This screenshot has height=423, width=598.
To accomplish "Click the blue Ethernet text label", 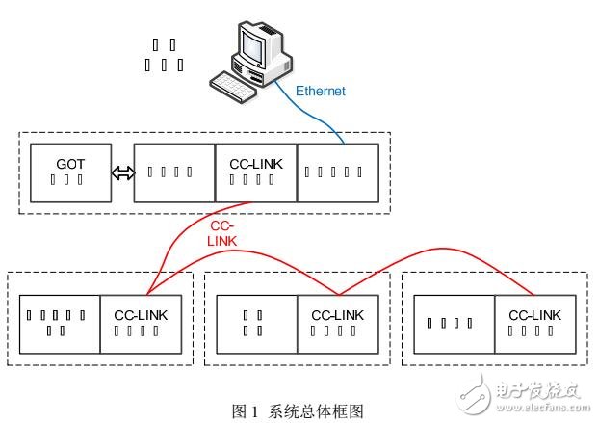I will pyautogui.click(x=320, y=92).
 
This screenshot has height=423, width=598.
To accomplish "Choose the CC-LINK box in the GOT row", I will pyautogui.click(x=255, y=172).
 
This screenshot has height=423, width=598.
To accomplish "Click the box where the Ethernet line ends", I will pyautogui.click(x=338, y=172).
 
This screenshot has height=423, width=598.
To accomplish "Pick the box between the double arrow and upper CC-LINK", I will pyautogui.click(x=174, y=172).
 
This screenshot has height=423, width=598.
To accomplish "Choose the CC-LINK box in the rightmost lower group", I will pyautogui.click(x=533, y=323).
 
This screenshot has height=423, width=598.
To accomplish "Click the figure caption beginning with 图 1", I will pyautogui.click(x=299, y=410).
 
